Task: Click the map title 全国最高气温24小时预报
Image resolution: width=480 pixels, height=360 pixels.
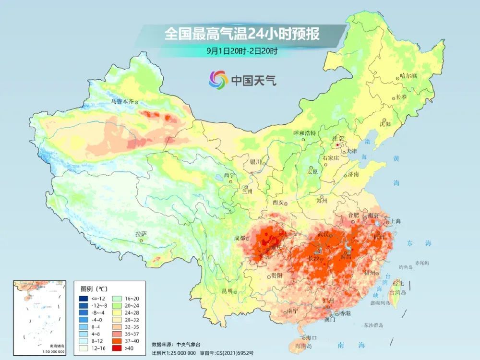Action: pyautogui.click(x=242, y=34)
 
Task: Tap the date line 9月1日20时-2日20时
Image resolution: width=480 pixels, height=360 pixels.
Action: pyautogui.click(x=242, y=50)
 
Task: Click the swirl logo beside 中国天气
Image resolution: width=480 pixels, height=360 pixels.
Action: pyautogui.click(x=218, y=80)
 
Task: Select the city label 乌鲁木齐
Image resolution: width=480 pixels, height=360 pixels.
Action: pyautogui.click(x=121, y=101)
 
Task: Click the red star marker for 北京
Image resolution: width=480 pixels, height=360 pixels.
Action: pyautogui.click(x=339, y=144)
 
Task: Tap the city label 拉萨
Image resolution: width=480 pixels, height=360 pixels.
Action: pyautogui.click(x=141, y=234)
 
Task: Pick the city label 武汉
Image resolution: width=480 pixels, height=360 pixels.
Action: pyautogui.click(x=324, y=234)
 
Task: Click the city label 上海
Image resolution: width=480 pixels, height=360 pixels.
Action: pyautogui.click(x=396, y=221)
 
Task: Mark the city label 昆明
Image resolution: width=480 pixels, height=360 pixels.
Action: pyautogui.click(x=227, y=291)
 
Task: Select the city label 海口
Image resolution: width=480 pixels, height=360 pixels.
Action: pyautogui.click(x=312, y=338)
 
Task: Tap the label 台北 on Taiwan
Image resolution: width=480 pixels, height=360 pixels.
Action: pyautogui.click(x=398, y=283)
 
